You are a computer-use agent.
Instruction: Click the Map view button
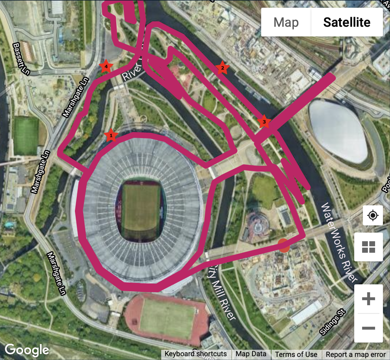pos(286,22)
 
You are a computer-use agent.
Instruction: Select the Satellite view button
pos(347,22)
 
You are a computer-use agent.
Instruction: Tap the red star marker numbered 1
pos(111,135)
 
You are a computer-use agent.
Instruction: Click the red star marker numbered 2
pos(222,68)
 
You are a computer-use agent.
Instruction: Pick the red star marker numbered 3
pos(264,122)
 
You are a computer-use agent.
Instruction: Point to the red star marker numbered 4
pos(106,67)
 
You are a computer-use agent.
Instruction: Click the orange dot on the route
pos(284,246)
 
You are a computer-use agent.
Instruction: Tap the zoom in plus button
pos(368,299)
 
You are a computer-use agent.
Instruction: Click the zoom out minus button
pos(368,328)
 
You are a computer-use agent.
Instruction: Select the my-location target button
pos(373,215)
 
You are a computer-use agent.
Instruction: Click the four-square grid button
pos(368,247)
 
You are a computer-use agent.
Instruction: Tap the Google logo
pos(27,350)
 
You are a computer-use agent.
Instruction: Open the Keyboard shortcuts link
pos(196,354)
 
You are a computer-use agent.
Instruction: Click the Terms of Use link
pos(296,354)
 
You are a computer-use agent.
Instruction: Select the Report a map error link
pos(356,354)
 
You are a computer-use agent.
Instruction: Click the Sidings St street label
pos(332,322)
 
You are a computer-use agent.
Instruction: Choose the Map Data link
pos(251,354)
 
